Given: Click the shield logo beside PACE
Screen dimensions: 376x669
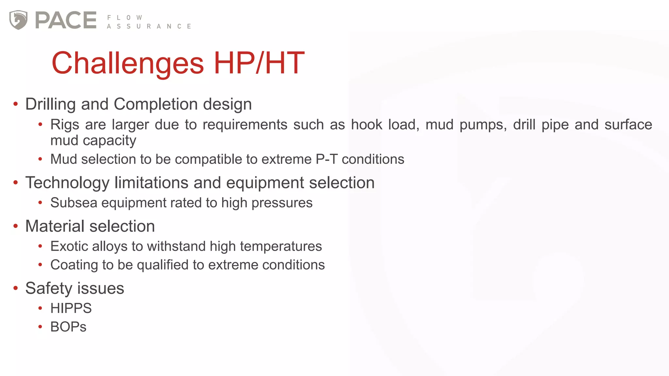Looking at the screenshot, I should (x=18, y=20).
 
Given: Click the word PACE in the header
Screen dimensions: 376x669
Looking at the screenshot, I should (x=66, y=20).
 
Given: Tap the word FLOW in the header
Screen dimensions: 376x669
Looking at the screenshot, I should (x=124, y=18).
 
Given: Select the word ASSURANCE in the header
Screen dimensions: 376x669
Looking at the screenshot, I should (x=149, y=26).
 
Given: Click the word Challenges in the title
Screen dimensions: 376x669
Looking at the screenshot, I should (x=128, y=63).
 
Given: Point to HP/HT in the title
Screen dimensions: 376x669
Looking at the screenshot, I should (x=259, y=63).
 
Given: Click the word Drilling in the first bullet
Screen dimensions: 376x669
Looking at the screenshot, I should (x=51, y=104).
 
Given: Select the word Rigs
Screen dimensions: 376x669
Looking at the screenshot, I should (x=65, y=125).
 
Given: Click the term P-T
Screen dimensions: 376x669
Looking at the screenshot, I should (x=326, y=159).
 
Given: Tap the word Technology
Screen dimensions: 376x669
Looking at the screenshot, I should (x=67, y=183).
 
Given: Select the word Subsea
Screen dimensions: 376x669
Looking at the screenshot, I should (x=74, y=203).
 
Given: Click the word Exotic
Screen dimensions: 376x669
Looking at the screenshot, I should (x=69, y=246).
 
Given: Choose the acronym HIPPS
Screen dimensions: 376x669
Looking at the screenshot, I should (x=71, y=308).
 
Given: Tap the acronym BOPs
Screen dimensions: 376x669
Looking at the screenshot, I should (x=68, y=327).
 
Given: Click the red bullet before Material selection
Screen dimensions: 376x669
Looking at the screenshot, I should (x=15, y=226).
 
